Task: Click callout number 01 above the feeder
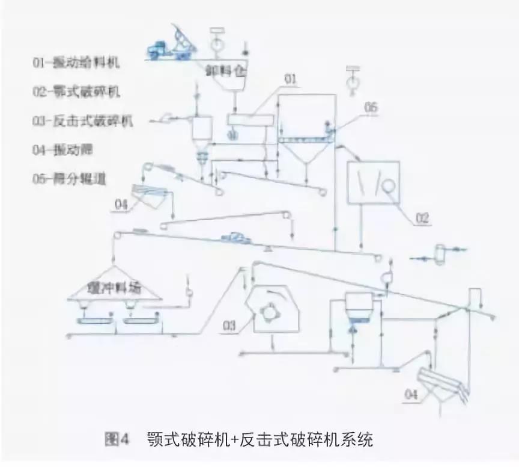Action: coord(291,79)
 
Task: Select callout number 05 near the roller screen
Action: coord(371,108)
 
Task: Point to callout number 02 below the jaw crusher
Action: coord(422,218)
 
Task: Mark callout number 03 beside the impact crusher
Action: coord(229,326)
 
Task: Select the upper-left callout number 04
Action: coord(121,205)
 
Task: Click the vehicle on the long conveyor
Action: coord(236,239)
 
